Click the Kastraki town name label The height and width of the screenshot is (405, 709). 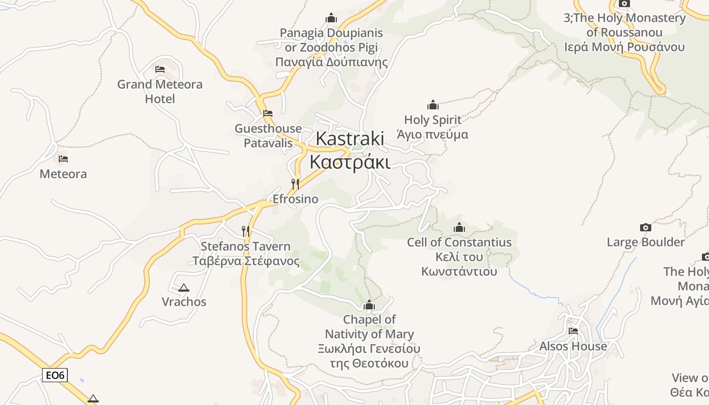click(x=350, y=150)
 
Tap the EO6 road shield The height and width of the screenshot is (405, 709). click(x=55, y=375)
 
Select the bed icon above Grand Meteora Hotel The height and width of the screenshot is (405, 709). click(x=160, y=69)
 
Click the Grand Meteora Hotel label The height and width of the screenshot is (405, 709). click(x=160, y=91)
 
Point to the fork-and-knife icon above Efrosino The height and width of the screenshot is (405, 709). click(x=295, y=184)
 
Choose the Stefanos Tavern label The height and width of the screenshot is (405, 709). click(x=246, y=254)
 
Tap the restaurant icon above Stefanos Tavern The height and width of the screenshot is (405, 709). click(x=246, y=231)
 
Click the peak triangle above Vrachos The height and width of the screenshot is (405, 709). click(x=184, y=288)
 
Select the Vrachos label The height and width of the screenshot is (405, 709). click(x=184, y=302)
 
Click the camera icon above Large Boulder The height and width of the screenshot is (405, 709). click(x=645, y=227)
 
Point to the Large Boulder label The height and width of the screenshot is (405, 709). click(x=646, y=242)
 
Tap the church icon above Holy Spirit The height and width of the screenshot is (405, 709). click(x=433, y=105)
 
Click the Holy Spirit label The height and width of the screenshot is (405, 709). click(x=433, y=127)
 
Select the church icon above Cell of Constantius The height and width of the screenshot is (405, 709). click(x=459, y=227)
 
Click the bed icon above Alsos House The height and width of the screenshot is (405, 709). click(x=573, y=331)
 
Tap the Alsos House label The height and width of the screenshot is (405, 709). click(x=573, y=346)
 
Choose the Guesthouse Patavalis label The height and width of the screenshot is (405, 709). click(x=268, y=136)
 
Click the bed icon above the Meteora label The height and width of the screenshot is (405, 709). click(x=63, y=159)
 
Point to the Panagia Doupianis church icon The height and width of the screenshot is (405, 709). click(x=331, y=18)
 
